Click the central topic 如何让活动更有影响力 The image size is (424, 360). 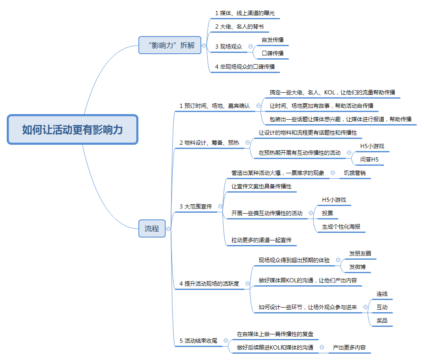(73, 130)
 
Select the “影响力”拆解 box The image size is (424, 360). (170, 45)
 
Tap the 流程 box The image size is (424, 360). (152, 229)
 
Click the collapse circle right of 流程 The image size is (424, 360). (169, 229)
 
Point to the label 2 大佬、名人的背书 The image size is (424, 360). (239, 26)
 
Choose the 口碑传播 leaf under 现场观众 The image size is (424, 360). (273, 53)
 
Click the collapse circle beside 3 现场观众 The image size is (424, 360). (251, 47)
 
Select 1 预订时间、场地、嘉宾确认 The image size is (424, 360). (215, 106)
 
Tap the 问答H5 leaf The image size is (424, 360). (369, 159)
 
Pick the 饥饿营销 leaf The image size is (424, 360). (354, 173)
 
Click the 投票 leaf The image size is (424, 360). (328, 213)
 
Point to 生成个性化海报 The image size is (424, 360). (341, 227)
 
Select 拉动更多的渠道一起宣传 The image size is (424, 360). (261, 240)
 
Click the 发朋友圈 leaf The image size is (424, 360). (360, 253)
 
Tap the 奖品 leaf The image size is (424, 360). (382, 321)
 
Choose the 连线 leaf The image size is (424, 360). (382, 294)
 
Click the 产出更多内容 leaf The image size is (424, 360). (349, 347)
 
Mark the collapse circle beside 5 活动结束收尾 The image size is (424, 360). (226, 341)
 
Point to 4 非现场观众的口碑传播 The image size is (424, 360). (245, 67)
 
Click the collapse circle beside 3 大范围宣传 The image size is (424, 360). (220, 206)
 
